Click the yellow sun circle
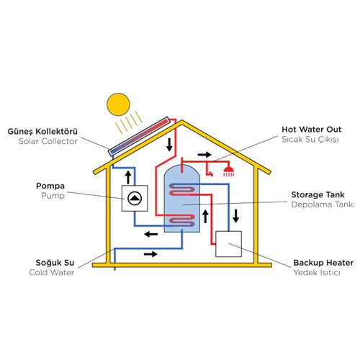coord(118,104)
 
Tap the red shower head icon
coord(228,171)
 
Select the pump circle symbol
coord(135,199)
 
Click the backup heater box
coord(228,244)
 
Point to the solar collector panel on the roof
coord(139,136)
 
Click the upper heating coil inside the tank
coord(182,189)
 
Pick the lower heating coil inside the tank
coord(182,220)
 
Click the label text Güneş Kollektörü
coord(42,132)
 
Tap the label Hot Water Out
coord(311,130)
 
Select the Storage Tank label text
coord(318,194)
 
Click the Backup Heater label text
coord(323,263)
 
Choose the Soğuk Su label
coord(55,263)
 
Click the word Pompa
coord(50,186)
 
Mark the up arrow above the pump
coord(128,178)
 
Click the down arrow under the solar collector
coord(169,145)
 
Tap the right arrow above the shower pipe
coord(204,155)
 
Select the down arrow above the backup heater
coord(236,216)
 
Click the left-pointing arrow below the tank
coord(151,234)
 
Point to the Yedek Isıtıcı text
coord(317,273)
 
